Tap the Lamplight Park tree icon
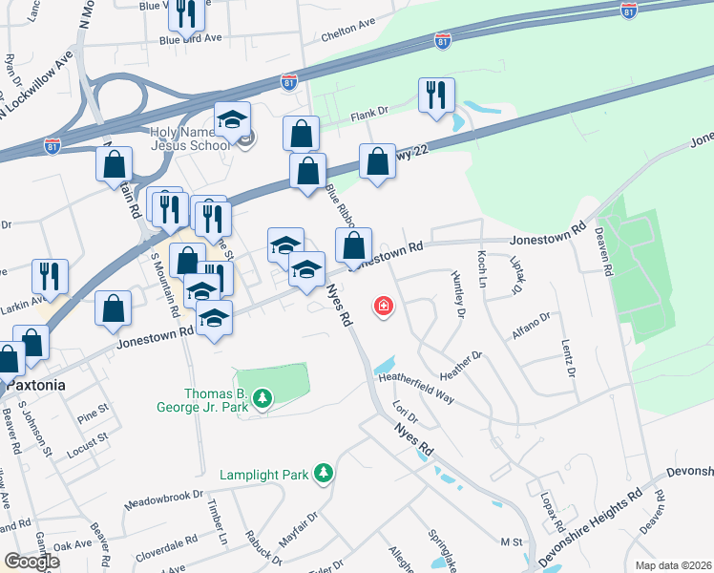(325, 473)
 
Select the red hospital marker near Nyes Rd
(384, 306)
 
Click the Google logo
(31, 561)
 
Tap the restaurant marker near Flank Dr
(436, 95)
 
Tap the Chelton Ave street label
(348, 29)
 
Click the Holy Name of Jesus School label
(191, 138)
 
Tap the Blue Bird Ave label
(191, 39)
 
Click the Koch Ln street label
(482, 270)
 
